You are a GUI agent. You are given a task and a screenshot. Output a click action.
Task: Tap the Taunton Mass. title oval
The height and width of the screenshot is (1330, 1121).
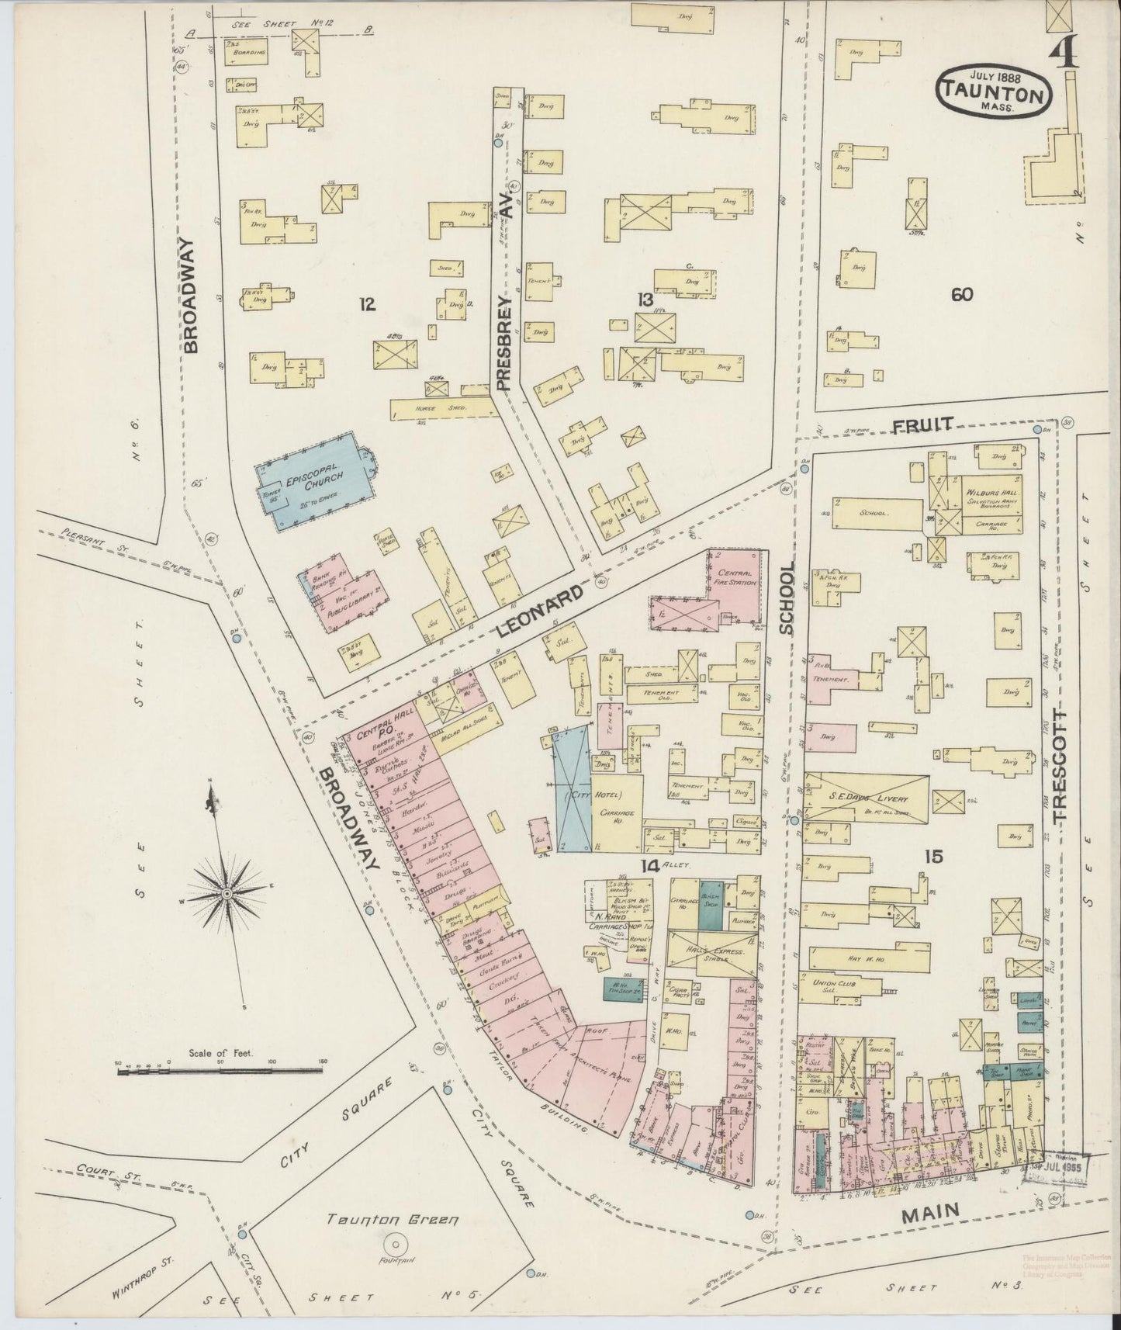point(995,92)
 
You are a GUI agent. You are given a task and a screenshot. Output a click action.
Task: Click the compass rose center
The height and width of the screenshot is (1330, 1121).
point(227,893)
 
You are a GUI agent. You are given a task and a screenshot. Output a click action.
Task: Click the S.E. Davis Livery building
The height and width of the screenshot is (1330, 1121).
point(867,798)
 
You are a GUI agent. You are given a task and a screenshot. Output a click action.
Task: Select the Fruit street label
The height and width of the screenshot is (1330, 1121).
point(922,425)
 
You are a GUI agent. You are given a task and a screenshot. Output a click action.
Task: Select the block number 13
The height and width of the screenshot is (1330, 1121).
point(645,300)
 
